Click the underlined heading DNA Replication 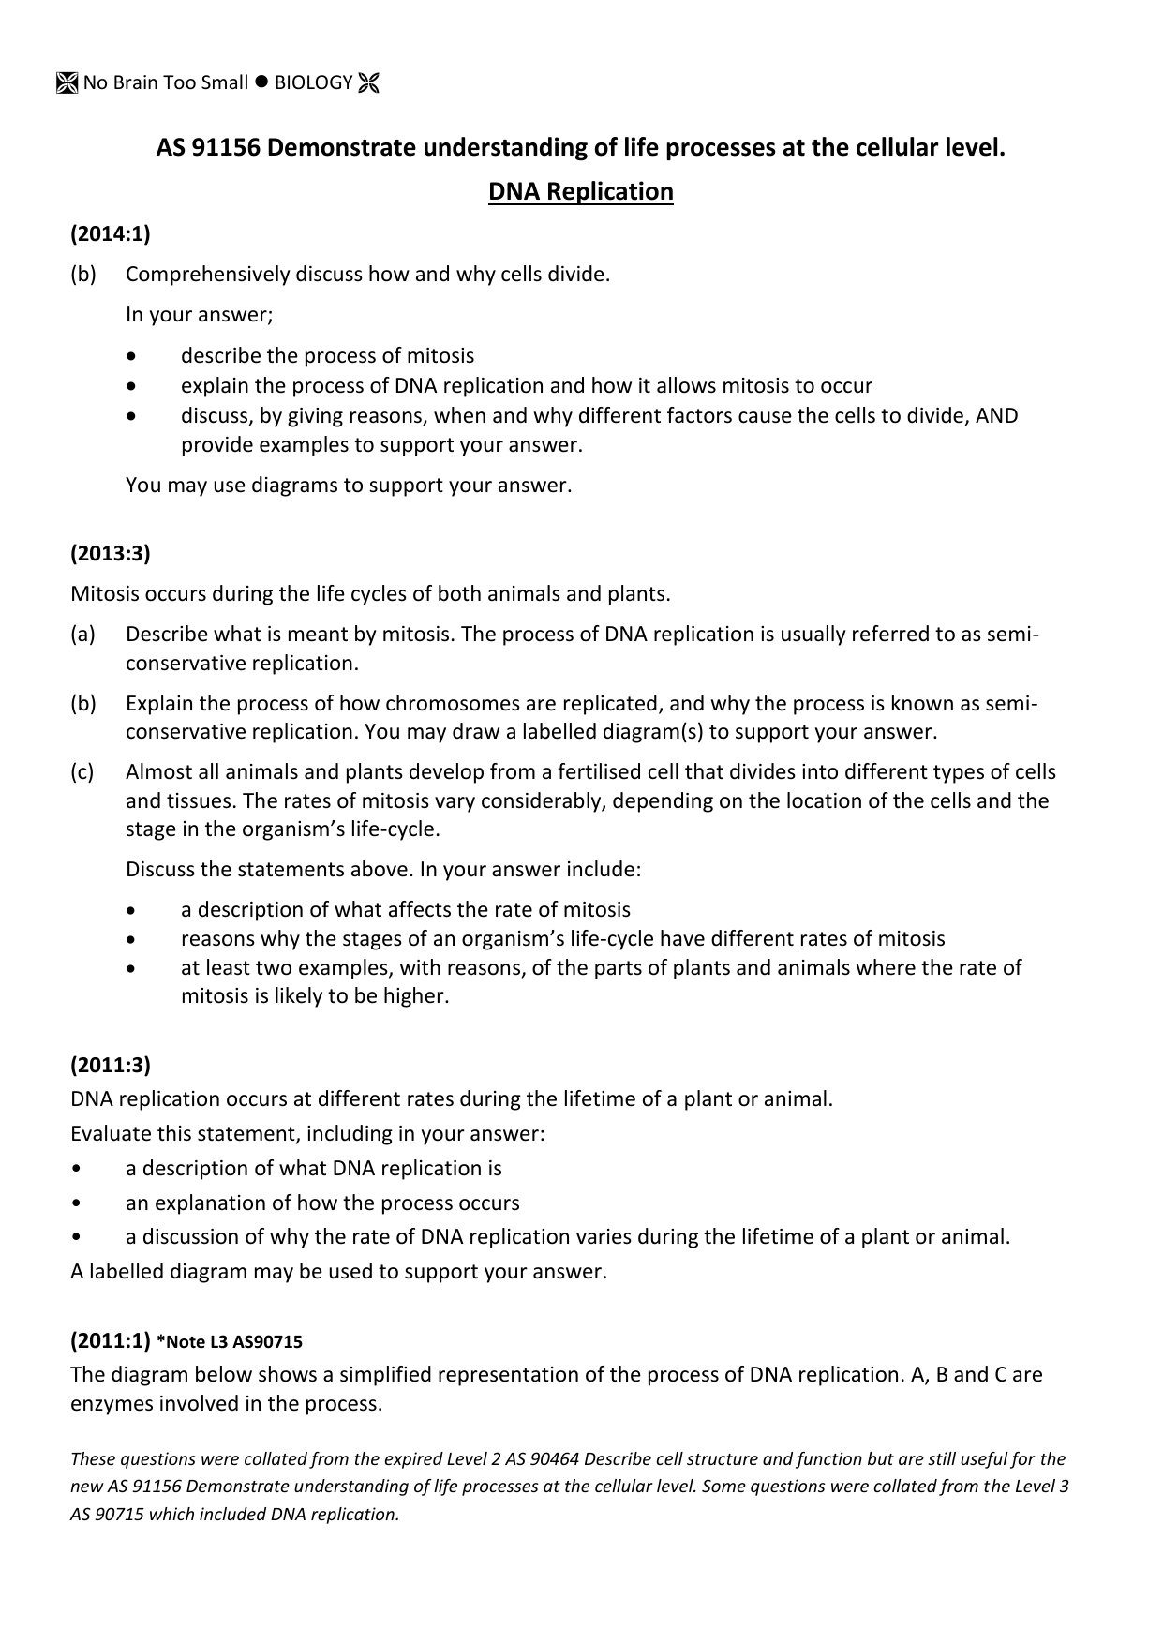(580, 191)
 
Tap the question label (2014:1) (111, 233)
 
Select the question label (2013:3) (111, 553)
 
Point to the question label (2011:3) (111, 1065)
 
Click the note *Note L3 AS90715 (230, 1342)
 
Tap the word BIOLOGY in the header (313, 83)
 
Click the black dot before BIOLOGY (261, 82)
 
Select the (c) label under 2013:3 (82, 772)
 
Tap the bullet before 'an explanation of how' (76, 1203)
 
